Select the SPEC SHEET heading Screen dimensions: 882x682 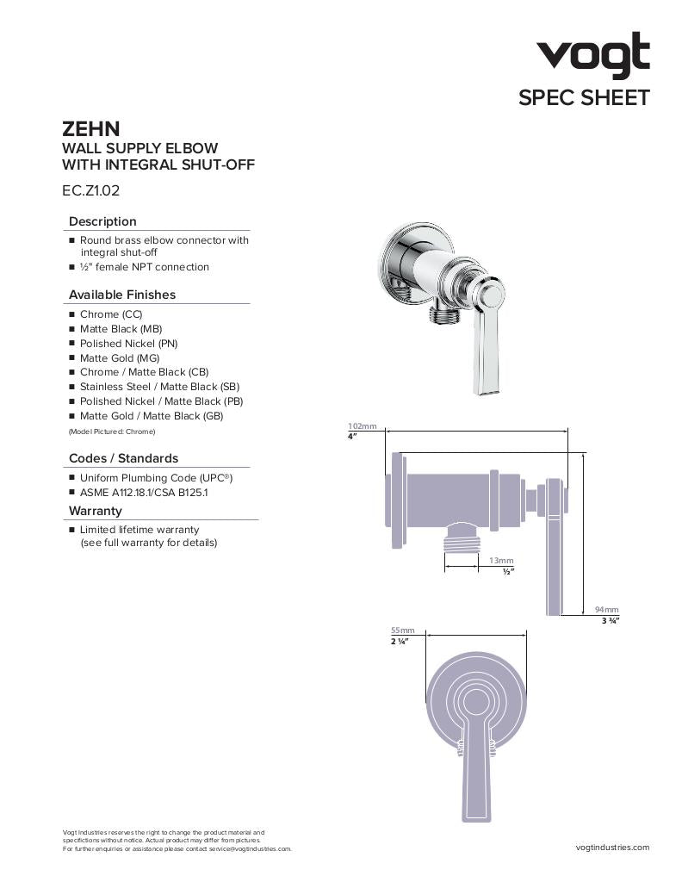pyautogui.click(x=583, y=97)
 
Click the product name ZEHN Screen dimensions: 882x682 pyautogui.click(x=90, y=129)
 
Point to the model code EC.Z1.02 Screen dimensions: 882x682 pyautogui.click(x=90, y=191)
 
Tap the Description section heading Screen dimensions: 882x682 pyautogui.click(x=102, y=221)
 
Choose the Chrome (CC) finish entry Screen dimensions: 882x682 pyautogui.click(x=111, y=314)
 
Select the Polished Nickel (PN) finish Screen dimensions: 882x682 pyautogui.click(x=128, y=343)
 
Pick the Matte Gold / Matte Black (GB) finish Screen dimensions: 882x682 pyautogui.click(x=151, y=415)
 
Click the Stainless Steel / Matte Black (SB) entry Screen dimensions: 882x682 pyautogui.click(x=159, y=387)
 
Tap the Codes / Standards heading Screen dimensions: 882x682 pyautogui.click(x=123, y=458)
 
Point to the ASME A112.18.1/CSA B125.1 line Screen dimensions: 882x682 pyautogui.click(x=144, y=492)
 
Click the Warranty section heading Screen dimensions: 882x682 pyautogui.click(x=96, y=511)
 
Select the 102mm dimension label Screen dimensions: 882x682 pyautogui.click(x=362, y=426)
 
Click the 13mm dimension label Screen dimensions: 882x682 pyautogui.click(x=501, y=561)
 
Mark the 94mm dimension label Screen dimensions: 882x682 pyautogui.click(x=606, y=610)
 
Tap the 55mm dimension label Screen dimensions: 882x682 pyautogui.click(x=402, y=630)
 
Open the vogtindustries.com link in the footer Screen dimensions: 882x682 pyautogui.click(x=612, y=848)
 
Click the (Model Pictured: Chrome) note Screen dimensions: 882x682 pyautogui.click(x=112, y=431)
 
